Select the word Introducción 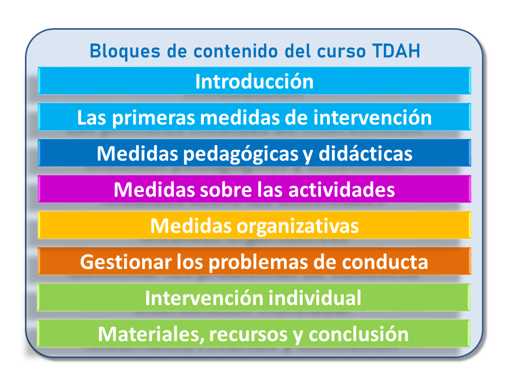tap(254, 82)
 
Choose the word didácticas tap(366, 154)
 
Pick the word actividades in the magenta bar tap(341, 189)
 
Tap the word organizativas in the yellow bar tap(297, 225)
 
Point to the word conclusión tap(359, 334)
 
